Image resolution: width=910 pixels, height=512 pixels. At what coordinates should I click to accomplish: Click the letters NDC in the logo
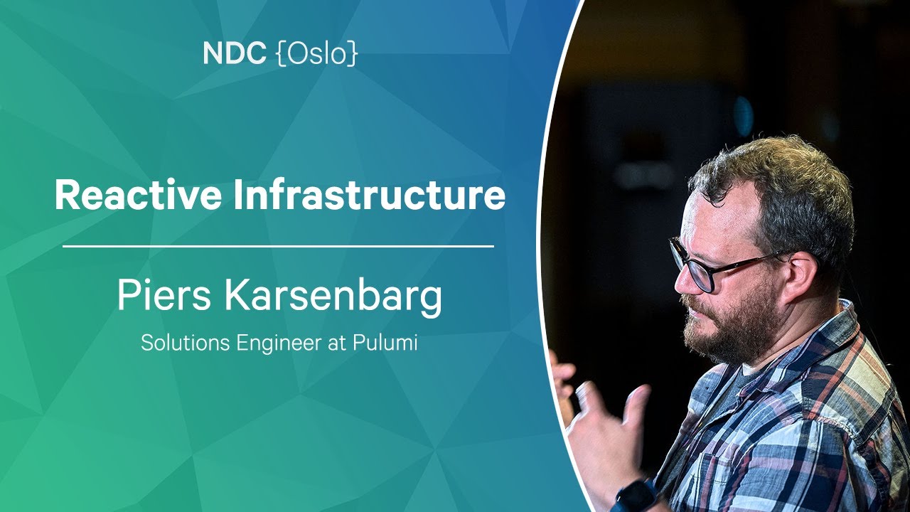tap(235, 53)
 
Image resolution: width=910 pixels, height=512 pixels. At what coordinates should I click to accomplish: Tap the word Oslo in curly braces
tap(317, 53)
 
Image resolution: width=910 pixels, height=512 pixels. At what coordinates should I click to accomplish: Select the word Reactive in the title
tap(139, 195)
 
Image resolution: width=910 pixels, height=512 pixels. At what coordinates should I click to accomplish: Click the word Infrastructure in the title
tap(369, 195)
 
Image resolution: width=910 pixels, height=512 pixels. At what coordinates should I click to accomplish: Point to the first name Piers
tap(164, 295)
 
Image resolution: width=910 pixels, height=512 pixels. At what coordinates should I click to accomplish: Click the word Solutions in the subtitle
tap(186, 343)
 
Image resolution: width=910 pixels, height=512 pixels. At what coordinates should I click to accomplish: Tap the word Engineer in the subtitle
tap(279, 343)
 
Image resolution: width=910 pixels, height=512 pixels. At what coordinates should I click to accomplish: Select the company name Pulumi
tap(385, 343)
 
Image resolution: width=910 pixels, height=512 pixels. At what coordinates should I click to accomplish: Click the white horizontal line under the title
tap(278, 246)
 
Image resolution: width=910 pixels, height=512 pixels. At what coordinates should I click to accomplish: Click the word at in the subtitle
tap(337, 343)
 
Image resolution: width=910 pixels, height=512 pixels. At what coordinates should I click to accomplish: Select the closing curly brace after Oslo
tap(353, 53)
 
